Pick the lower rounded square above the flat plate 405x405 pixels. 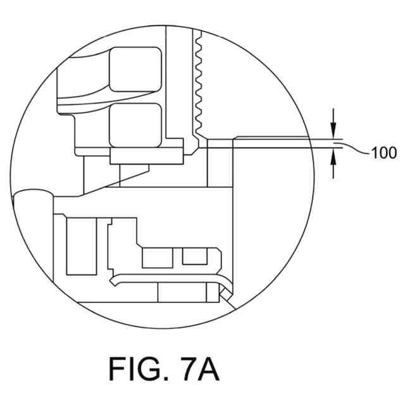pos(135,124)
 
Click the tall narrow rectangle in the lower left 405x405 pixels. pos(78,247)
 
